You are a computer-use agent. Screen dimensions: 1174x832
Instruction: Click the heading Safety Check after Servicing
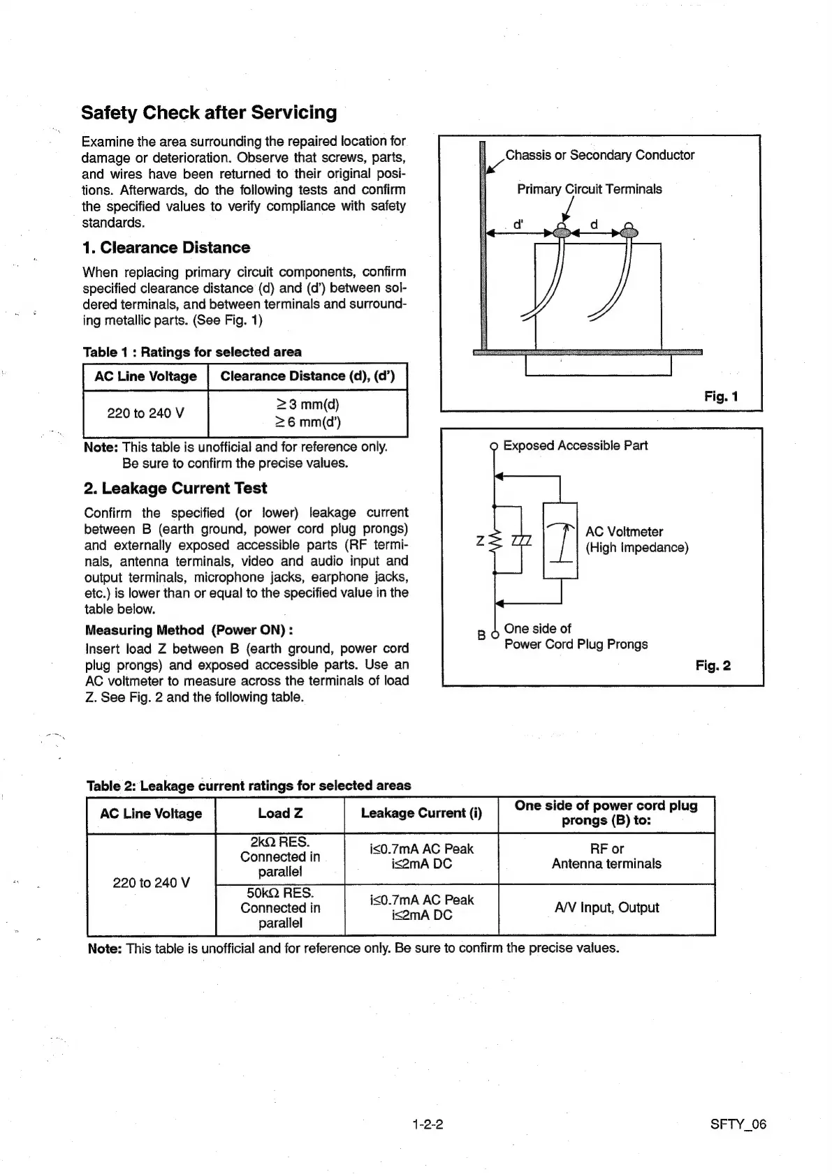coord(209,113)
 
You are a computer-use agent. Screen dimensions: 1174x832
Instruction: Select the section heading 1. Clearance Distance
coord(166,248)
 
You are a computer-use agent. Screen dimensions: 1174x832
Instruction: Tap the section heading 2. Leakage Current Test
coord(175,489)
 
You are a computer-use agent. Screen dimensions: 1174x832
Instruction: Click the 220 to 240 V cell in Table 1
coord(145,413)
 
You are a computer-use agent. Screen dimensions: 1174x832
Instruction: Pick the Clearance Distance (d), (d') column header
coord(307,376)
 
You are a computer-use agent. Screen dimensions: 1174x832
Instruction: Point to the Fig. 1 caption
coord(721,396)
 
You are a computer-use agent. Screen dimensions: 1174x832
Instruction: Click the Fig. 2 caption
coord(713,665)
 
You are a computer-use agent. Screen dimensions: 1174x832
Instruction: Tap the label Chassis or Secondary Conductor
coord(599,155)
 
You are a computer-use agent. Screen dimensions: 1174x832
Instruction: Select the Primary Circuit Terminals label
coord(589,189)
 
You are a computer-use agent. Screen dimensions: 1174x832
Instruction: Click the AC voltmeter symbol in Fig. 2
coord(560,540)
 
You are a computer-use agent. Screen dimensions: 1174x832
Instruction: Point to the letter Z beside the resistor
coord(481,541)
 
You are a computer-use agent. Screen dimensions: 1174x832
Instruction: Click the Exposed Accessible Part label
coord(575,445)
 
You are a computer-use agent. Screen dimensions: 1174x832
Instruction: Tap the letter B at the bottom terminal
coord(481,635)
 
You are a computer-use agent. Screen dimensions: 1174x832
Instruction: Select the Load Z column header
coord(280,813)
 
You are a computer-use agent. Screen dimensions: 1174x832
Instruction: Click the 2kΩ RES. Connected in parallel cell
coord(280,857)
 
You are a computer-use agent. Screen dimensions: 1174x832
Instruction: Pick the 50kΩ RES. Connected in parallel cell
coord(280,908)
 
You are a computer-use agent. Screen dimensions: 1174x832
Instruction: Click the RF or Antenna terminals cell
coord(606,856)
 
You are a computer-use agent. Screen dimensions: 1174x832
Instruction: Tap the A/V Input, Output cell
coord(606,907)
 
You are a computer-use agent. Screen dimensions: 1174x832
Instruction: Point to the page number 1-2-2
coord(428,1124)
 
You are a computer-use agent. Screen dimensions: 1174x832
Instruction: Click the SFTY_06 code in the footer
coord(738,1124)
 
